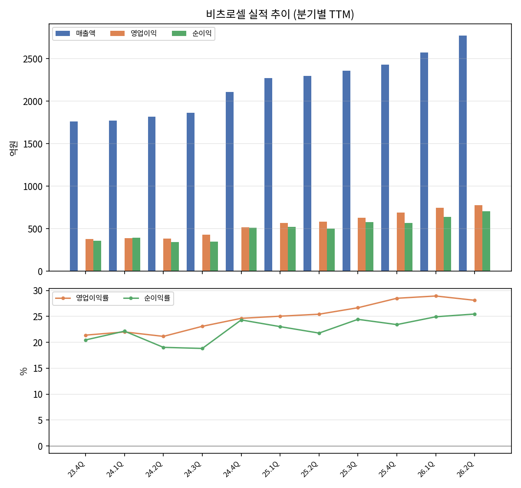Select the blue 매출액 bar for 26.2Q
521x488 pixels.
(462, 153)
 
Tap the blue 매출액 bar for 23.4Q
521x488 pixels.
(74, 196)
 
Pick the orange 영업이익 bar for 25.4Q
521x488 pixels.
(400, 242)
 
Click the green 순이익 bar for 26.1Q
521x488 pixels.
(447, 244)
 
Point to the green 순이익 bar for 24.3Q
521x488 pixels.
(214, 256)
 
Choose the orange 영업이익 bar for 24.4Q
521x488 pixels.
(245, 249)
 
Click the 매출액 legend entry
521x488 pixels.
(76, 33)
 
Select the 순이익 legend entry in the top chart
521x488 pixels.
(192, 33)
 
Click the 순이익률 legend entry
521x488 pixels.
(147, 298)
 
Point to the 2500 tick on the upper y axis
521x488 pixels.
(33, 59)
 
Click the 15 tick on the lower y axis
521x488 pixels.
(38, 368)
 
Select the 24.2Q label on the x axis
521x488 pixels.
(154, 469)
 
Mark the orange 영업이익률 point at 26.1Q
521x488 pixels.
(436, 296)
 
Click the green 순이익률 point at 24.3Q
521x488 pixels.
(202, 348)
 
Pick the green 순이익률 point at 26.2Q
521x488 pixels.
(474, 314)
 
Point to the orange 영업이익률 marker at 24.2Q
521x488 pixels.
(163, 336)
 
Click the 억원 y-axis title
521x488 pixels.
(13, 148)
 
